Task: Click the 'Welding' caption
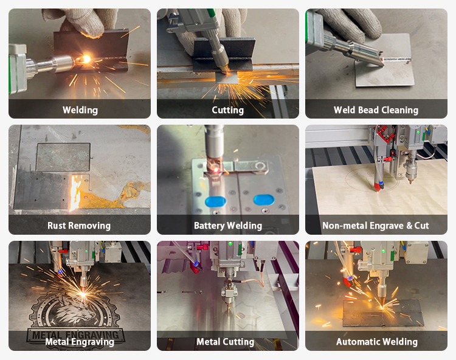click(80, 110)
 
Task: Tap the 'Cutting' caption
click(227, 110)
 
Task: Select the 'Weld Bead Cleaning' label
click(376, 110)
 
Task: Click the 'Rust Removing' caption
click(79, 226)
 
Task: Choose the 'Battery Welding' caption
click(227, 226)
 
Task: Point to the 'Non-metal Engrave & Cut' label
click(376, 226)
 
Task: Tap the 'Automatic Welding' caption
click(376, 342)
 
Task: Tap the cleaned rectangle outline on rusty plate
click(63, 156)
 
